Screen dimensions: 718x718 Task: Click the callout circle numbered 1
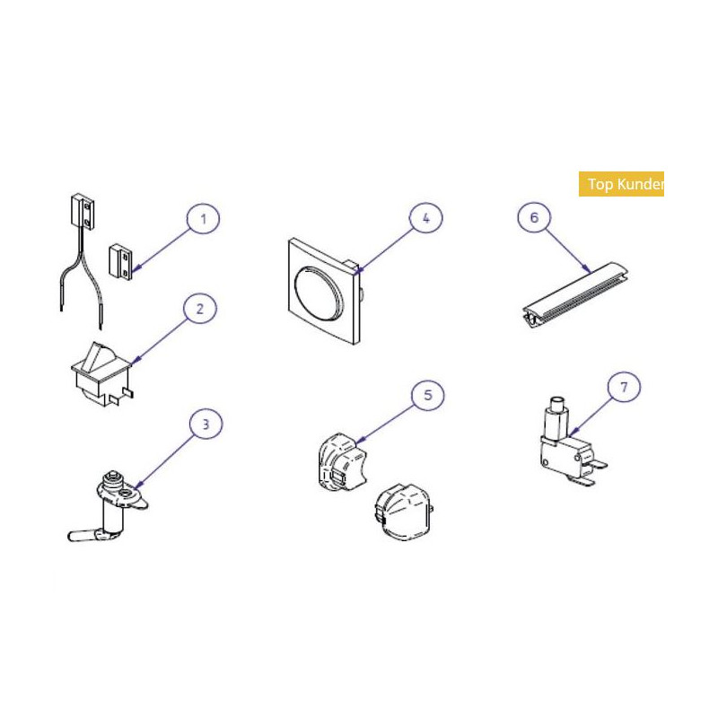tap(204, 219)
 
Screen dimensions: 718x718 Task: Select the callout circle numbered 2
tap(200, 309)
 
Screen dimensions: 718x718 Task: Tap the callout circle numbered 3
tap(206, 424)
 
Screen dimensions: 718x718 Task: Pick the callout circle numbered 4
tap(425, 218)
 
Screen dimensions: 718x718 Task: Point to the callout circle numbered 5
tap(428, 395)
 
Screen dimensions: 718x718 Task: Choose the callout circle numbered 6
tap(534, 217)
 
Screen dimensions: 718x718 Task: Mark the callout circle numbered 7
tap(624, 388)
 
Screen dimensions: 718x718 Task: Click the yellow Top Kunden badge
tap(621, 184)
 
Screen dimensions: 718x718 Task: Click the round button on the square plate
tap(319, 291)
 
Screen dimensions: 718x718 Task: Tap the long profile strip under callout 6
tap(575, 295)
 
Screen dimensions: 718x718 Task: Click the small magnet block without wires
tap(121, 261)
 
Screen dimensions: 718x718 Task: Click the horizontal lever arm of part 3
tap(86, 535)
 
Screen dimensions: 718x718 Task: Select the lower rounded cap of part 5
tap(403, 512)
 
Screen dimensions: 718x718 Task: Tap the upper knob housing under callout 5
tap(342, 462)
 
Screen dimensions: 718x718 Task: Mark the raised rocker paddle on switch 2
tap(99, 355)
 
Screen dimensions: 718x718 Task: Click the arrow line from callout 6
tap(567, 251)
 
